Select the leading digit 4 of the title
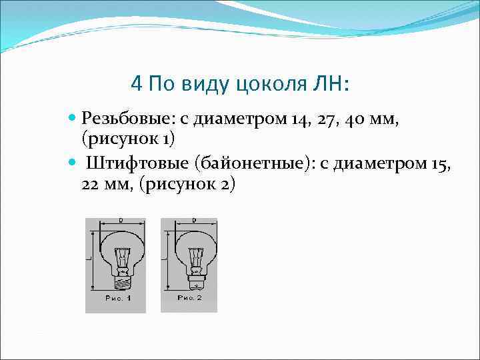(x=137, y=85)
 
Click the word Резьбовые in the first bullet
(x=125, y=120)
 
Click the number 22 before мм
(x=91, y=185)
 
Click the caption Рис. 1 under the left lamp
(x=118, y=298)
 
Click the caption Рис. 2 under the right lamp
(x=190, y=297)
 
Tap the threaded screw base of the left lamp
(x=121, y=283)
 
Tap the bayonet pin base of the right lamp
(x=194, y=283)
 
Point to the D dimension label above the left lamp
(x=121, y=219)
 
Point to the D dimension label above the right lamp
(x=193, y=219)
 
